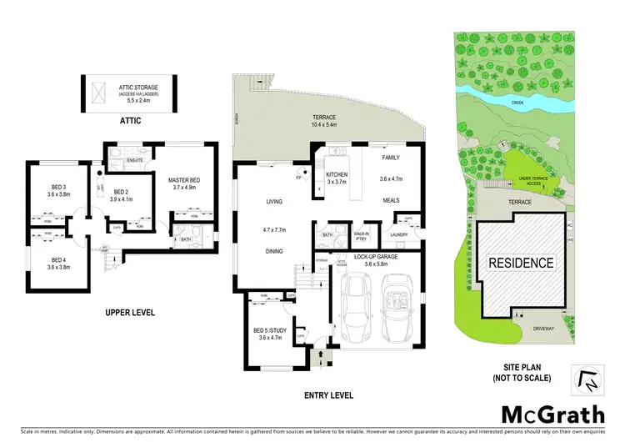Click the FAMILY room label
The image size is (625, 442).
click(391, 158)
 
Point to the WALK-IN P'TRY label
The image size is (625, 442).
click(362, 236)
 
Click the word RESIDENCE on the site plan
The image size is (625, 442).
click(521, 263)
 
